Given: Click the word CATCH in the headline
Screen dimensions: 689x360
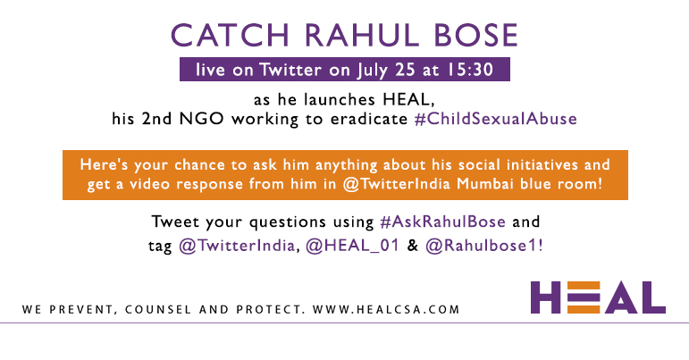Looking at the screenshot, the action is point(230,36).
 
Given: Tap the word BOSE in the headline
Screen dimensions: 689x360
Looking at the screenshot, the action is point(476,36).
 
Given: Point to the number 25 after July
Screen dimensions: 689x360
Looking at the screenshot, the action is point(405,70).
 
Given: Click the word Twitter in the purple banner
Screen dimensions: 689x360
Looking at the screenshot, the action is point(290,70).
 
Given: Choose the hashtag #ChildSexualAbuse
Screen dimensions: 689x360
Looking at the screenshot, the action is point(495,119).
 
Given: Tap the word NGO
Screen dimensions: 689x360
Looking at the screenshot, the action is point(201,119).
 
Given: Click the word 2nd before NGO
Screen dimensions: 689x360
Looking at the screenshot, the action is point(156,119).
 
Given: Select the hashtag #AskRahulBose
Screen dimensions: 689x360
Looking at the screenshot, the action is point(442,222).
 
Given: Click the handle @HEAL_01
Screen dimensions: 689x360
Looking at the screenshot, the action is point(352,246).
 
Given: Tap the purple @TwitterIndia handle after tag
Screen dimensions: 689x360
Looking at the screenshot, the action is point(237,246).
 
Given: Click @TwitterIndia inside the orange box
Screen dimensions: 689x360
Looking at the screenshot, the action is point(397,183).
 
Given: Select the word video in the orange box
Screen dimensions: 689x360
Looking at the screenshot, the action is point(150,183).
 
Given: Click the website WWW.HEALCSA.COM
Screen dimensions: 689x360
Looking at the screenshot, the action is point(386,309).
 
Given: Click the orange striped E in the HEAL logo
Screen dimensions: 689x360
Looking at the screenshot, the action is point(584,297).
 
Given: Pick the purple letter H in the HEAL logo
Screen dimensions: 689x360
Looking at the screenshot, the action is point(546,297).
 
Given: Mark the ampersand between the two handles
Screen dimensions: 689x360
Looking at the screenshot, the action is point(412,246).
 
